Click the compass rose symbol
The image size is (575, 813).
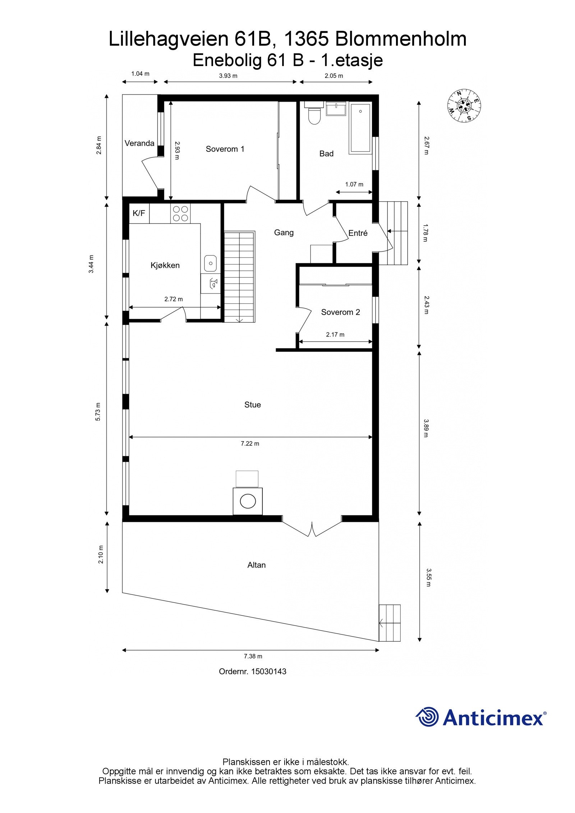464,105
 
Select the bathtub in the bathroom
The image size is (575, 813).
360,129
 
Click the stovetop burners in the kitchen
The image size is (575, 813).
180,213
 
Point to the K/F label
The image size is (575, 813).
139,213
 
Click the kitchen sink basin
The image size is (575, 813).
211,263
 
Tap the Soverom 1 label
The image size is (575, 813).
225,149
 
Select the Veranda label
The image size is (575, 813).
139,143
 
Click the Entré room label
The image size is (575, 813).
358,233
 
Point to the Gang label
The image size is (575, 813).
284,233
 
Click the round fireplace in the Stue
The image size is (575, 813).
248,501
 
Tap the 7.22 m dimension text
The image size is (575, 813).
250,444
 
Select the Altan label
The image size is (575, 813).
257,565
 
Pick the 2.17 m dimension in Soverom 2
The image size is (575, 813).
335,335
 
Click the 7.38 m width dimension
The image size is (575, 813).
253,656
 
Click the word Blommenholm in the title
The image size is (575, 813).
401,39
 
